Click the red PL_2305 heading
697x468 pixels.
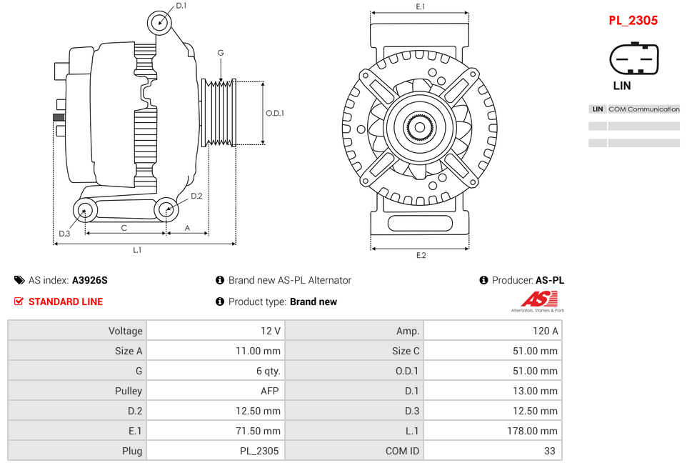(633, 21)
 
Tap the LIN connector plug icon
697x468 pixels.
(633, 59)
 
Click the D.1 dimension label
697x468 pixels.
(181, 6)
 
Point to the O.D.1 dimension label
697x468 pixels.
(275, 113)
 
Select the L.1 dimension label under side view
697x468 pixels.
(137, 250)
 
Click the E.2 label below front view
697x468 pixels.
(421, 256)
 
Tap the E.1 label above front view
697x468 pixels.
(421, 6)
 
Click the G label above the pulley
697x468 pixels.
(221, 54)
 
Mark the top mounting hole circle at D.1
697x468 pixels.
(160, 23)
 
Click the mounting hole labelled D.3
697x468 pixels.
(86, 211)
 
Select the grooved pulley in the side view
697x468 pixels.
(219, 113)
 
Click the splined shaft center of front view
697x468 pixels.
(420, 129)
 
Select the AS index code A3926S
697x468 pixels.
(90, 280)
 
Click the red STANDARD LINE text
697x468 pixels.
(66, 302)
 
